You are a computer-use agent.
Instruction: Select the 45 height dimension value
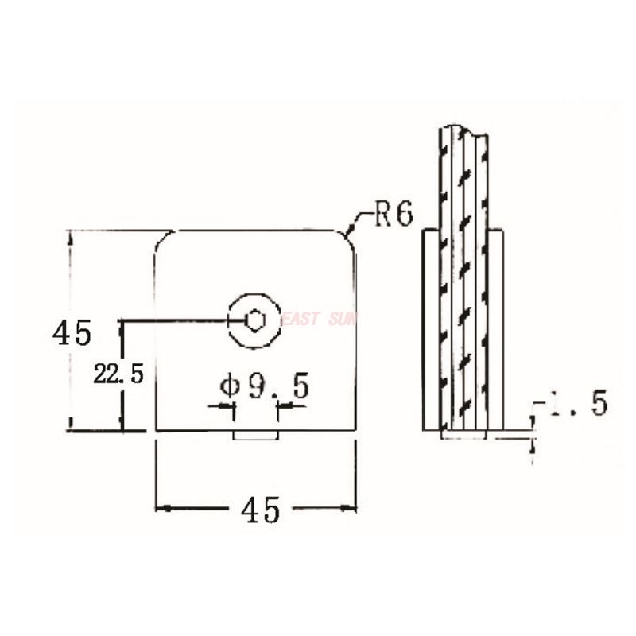coord(72,332)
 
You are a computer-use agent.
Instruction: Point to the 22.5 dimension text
coord(118,374)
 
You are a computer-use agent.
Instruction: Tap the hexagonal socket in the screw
coord(254,320)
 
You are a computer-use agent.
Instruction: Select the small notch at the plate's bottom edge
coord(255,435)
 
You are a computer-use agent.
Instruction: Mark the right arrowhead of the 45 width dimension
coord(351,507)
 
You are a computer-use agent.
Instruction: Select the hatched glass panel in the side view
coord(461,278)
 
